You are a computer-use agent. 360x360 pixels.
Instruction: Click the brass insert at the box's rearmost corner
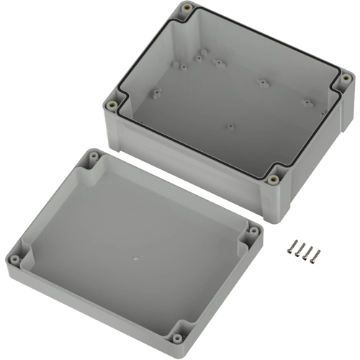point(187,9)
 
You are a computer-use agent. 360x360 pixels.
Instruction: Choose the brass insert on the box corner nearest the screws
point(274,179)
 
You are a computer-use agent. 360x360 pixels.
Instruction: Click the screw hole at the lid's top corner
point(94,156)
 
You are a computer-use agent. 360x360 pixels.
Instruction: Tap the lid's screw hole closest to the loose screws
point(253,231)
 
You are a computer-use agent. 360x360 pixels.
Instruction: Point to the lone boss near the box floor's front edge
point(230,127)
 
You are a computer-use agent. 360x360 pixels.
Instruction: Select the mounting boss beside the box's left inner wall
point(154,93)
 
